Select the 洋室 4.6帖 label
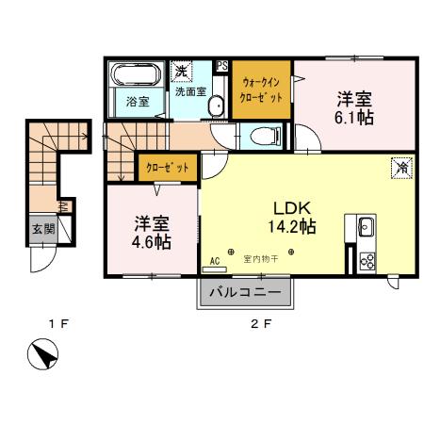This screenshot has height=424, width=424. (x=151, y=232)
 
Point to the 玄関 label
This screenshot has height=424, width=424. (x=42, y=228)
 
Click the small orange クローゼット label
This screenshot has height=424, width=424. (x=167, y=167)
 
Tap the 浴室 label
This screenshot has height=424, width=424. (x=138, y=102)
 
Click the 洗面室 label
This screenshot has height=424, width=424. (x=189, y=93)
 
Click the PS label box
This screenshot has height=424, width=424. (x=222, y=66)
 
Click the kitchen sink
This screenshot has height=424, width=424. (x=366, y=227)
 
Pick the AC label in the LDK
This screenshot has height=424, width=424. (x=215, y=260)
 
